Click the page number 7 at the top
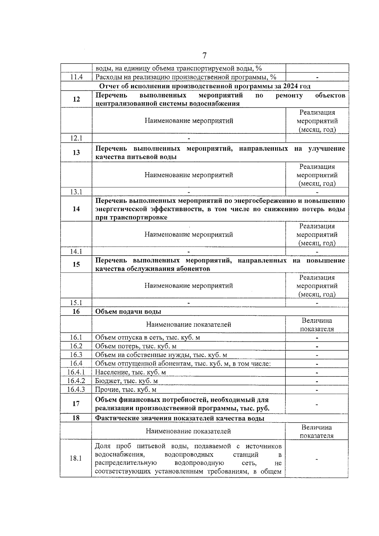tap(204, 56)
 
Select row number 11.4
tap(76, 77)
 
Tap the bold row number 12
tap(76, 99)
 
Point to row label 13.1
tap(76, 192)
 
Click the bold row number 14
tap(76, 209)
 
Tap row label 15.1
tap(76, 303)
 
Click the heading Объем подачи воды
tap(128, 311)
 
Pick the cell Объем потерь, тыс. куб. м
tap(136, 346)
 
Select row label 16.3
tap(76, 355)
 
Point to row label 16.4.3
tap(76, 389)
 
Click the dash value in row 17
tap(317, 404)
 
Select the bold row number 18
tap(76, 418)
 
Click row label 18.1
tap(76, 458)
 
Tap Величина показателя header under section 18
tap(316, 431)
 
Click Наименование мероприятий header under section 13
tap(189, 175)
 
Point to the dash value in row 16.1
tap(317, 338)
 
